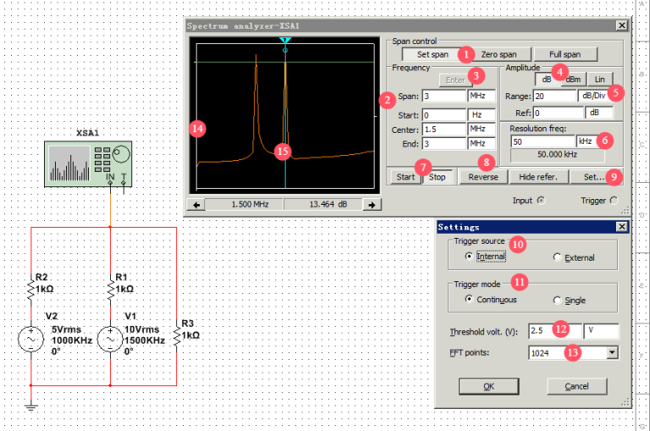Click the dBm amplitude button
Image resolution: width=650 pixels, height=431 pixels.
pyautogui.click(x=574, y=80)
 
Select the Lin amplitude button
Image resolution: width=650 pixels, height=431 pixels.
pyautogui.click(x=599, y=80)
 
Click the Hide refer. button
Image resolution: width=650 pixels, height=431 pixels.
pyautogui.click(x=538, y=177)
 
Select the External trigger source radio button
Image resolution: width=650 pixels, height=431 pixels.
pyautogui.click(x=557, y=257)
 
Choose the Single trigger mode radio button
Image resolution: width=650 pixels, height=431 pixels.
pyautogui.click(x=557, y=300)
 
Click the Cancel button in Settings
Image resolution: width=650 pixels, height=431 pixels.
pyautogui.click(x=576, y=386)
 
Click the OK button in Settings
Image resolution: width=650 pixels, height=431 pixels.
pyautogui.click(x=488, y=386)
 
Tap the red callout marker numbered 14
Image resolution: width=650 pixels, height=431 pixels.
pyautogui.click(x=198, y=129)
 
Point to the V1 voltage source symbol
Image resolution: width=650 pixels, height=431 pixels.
pyautogui.click(x=110, y=340)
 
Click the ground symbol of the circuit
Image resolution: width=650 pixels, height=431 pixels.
pyautogui.click(x=31, y=407)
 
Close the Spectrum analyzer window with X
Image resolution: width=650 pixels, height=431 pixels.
pyautogui.click(x=622, y=25)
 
